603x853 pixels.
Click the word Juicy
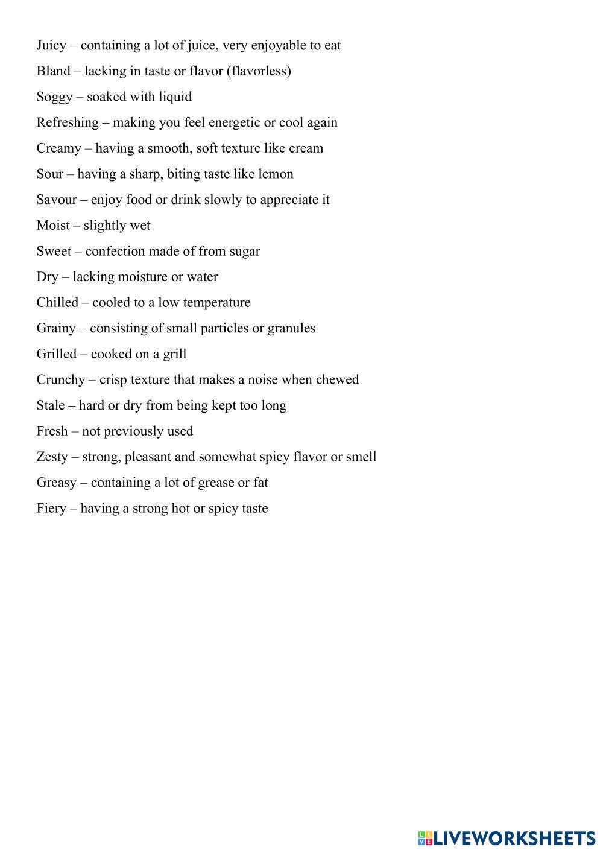(x=51, y=46)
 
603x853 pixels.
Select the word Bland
(x=53, y=71)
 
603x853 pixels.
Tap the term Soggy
(x=54, y=97)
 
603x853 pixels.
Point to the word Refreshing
(x=68, y=122)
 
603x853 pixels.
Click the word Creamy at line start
(x=58, y=148)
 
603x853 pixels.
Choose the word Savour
(x=57, y=200)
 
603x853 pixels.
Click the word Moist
(x=52, y=225)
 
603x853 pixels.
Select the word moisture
(x=142, y=276)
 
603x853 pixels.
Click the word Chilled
(x=57, y=302)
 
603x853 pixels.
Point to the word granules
(x=291, y=328)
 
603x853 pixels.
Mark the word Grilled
(x=56, y=354)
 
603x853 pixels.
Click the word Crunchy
(x=60, y=379)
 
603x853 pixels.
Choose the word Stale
(x=50, y=405)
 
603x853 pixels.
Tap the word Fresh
(x=52, y=431)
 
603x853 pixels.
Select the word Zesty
(x=52, y=457)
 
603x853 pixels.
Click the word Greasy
(x=56, y=483)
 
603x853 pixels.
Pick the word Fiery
(x=51, y=508)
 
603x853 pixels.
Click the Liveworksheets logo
(x=506, y=838)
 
